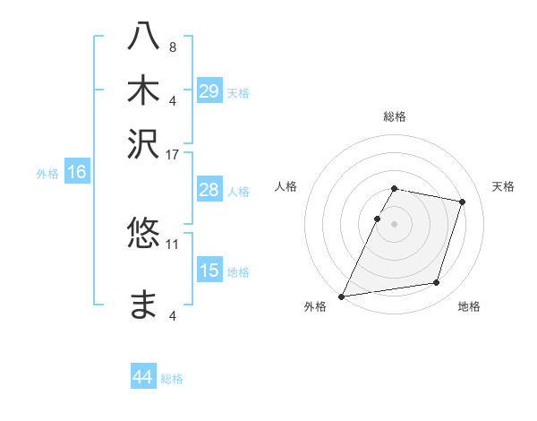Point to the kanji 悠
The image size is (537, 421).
click(144, 234)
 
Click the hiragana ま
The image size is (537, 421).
click(144, 304)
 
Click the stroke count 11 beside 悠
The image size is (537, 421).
click(173, 243)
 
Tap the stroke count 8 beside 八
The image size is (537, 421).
click(173, 47)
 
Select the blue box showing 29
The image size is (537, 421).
click(209, 91)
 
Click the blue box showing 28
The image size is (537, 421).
click(209, 190)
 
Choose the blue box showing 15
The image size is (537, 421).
click(209, 271)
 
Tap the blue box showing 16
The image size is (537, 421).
click(77, 173)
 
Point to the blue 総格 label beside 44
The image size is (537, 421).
click(172, 379)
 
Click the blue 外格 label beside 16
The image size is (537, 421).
click(47, 174)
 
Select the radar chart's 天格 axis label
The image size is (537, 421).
click(504, 186)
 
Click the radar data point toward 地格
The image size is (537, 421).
click(437, 283)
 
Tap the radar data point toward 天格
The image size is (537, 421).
click(463, 202)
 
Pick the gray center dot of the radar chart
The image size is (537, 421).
click(394, 223)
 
